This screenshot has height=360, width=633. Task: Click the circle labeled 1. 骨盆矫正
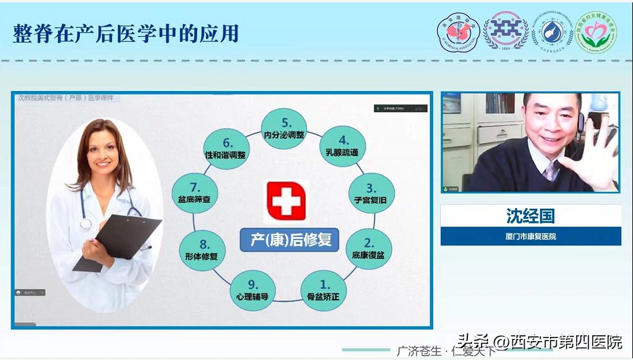323,291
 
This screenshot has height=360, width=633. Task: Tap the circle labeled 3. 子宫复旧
370,194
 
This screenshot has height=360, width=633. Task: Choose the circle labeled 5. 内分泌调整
285,129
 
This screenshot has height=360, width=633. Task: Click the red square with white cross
286,201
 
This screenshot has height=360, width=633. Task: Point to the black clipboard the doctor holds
118,242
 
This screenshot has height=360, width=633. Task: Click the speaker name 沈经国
530,216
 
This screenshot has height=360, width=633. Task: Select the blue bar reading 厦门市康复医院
530,236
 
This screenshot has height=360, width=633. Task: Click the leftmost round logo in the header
459,33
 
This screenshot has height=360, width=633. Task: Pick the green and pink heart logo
596,33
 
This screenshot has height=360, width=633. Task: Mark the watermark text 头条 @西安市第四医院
540,342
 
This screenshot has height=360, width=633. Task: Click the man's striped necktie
550,171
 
